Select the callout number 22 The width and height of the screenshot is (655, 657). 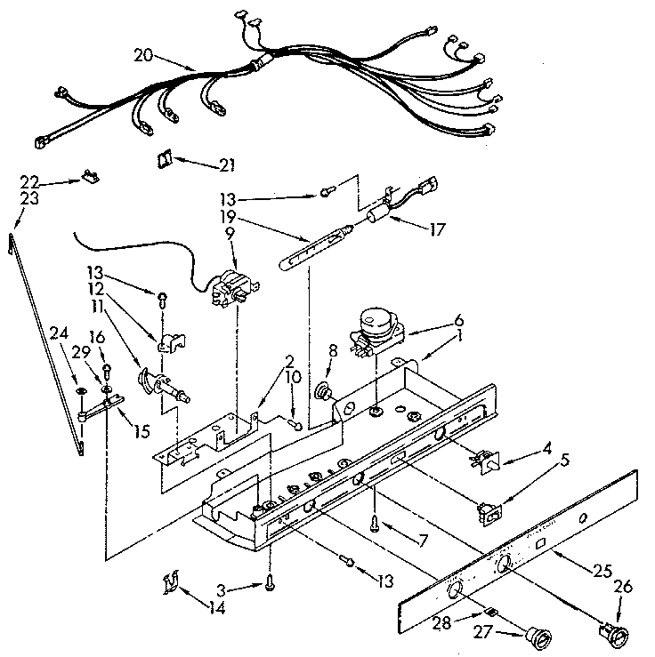coord(29,181)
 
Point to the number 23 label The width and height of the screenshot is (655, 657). coord(29,198)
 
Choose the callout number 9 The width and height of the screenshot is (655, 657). coord(231,234)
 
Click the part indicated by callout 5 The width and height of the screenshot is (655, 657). coord(489,510)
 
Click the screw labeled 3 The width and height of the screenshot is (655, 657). coord(269,582)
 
